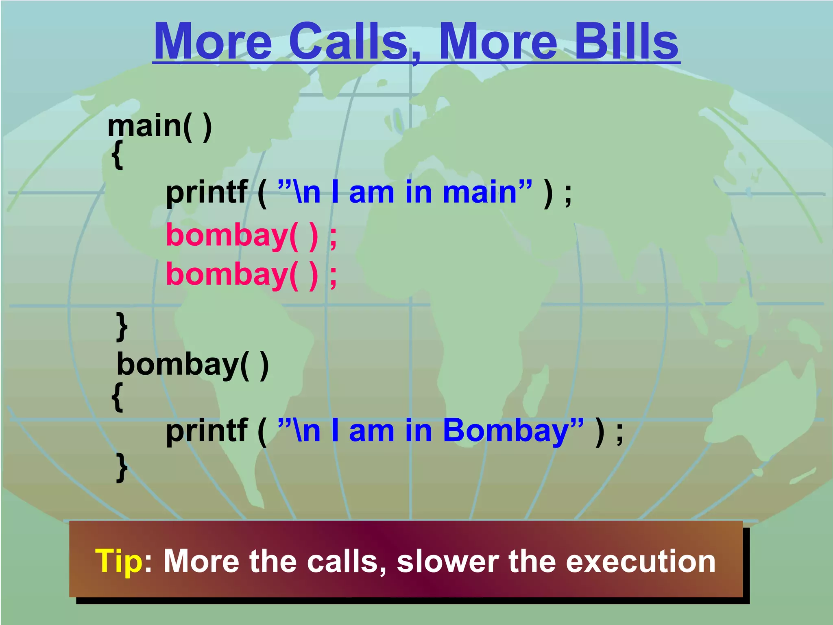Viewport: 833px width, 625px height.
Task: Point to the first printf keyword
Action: (207, 192)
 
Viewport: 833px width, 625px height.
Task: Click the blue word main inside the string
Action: (480, 192)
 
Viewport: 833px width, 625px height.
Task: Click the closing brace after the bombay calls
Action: (122, 326)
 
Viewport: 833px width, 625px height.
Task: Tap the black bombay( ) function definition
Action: (192, 365)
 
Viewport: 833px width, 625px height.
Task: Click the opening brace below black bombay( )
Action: (117, 398)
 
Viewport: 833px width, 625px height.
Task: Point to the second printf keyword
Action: (207, 431)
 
